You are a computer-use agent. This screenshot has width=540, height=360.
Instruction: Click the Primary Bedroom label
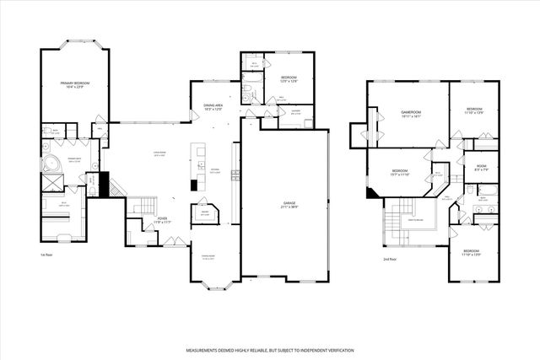tap(74, 84)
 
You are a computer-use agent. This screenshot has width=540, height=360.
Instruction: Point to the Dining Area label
tap(213, 107)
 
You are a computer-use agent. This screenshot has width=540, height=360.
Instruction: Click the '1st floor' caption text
tap(46, 254)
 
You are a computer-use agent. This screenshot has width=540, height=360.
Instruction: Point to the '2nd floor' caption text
tap(389, 260)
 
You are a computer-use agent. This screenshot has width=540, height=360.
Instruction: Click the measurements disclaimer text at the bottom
tap(270, 350)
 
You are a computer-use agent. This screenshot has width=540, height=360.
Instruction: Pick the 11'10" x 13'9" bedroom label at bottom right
tap(470, 252)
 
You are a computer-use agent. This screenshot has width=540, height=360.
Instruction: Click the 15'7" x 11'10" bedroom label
tap(401, 174)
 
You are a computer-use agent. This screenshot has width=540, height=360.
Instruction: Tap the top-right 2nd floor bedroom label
tap(473, 111)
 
